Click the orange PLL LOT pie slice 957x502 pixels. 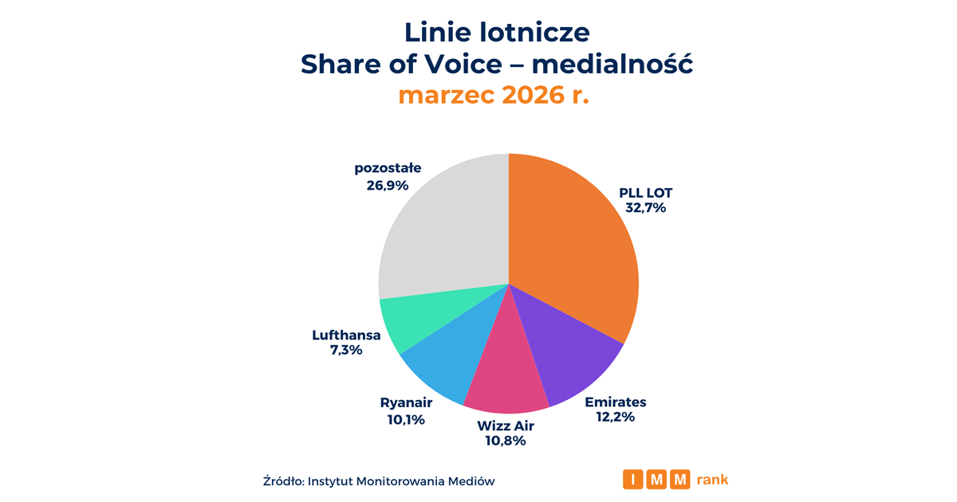(574, 239)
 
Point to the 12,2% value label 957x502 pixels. (615, 417)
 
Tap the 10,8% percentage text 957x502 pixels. (506, 441)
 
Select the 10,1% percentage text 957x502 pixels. (406, 419)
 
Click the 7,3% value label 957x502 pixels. (346, 351)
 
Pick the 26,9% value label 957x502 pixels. (388, 186)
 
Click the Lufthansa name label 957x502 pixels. (346, 335)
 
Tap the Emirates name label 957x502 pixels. (615, 402)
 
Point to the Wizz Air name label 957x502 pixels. (506, 426)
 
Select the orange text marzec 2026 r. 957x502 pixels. (494, 95)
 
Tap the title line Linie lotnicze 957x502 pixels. (496, 32)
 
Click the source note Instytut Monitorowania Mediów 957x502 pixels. (401, 480)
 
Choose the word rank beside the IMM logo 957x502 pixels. (712, 480)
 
